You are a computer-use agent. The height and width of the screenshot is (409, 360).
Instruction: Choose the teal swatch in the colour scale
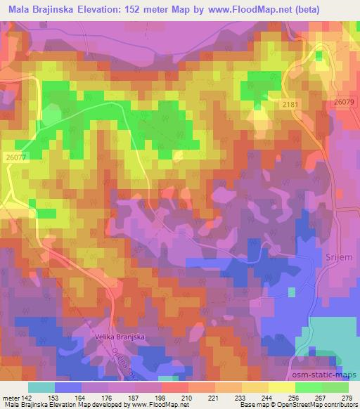pos(41,387)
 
